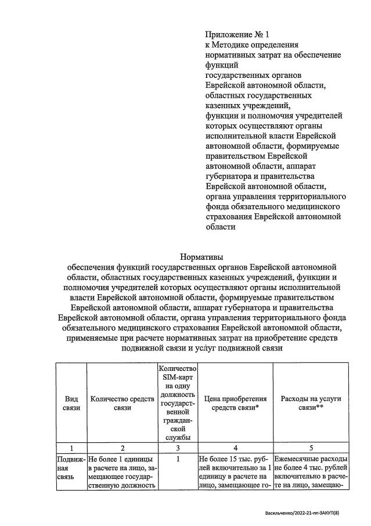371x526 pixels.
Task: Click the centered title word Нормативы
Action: tap(201, 256)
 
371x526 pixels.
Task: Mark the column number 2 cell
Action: tap(122, 448)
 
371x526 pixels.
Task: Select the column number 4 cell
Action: tap(235, 448)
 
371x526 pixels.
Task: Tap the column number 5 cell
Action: tap(311, 448)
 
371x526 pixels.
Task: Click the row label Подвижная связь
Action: tap(70, 468)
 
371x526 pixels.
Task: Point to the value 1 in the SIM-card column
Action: tap(178, 459)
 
